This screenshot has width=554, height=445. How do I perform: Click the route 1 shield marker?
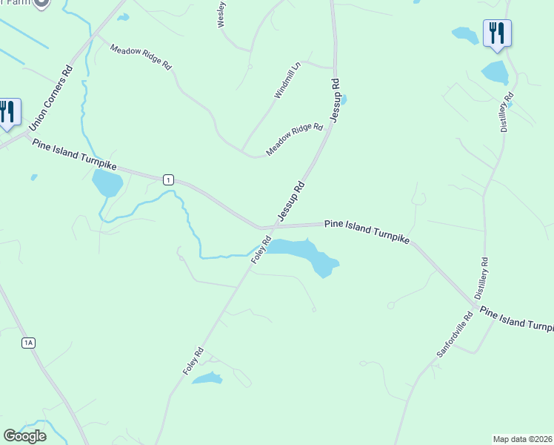pos(169,179)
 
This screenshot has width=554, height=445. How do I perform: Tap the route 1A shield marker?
pos(28,342)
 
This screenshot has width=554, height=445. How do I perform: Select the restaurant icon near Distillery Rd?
pos(497,33)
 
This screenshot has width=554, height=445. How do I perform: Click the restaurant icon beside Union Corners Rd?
pos(7,112)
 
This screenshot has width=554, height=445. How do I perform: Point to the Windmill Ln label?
pos(288,80)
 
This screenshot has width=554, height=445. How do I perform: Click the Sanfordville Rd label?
pos(454,335)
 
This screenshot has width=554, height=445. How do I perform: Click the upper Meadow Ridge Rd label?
pos(141,57)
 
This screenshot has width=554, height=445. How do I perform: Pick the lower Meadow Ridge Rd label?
pos(295,139)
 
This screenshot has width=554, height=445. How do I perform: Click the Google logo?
pos(24,435)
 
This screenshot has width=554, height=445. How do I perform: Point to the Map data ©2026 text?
pos(522,439)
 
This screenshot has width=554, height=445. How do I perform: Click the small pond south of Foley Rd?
pos(207,379)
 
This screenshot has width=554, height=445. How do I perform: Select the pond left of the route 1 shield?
pos(107,182)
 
